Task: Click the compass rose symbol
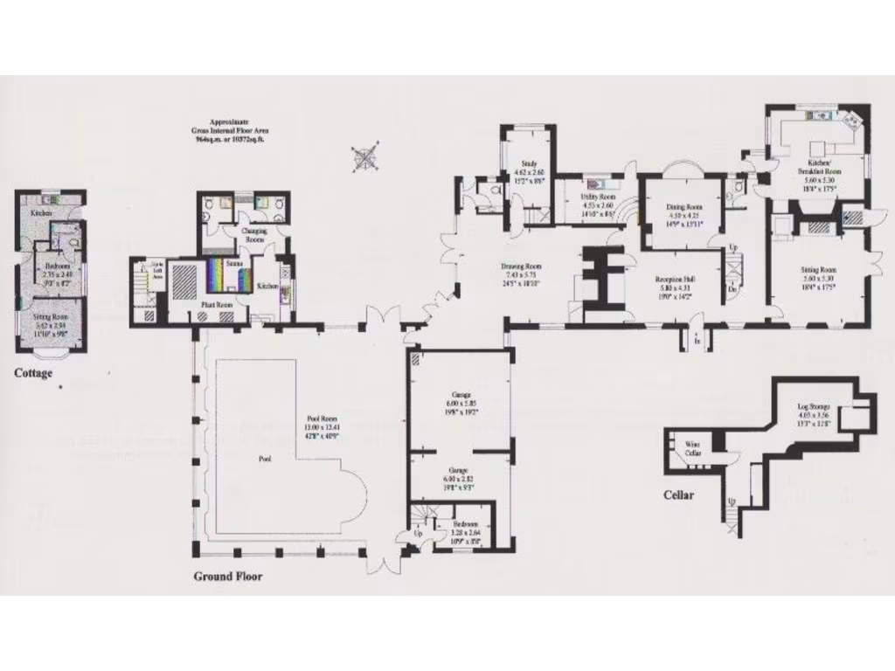(366, 156)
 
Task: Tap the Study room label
(529, 163)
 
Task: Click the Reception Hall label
(673, 280)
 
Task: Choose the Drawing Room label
(521, 266)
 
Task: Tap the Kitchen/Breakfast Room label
(819, 167)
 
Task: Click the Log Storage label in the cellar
(813, 407)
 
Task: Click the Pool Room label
(329, 419)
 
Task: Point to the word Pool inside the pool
(265, 457)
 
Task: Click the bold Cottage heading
(33, 374)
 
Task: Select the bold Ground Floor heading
(227, 576)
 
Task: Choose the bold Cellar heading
(677, 495)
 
